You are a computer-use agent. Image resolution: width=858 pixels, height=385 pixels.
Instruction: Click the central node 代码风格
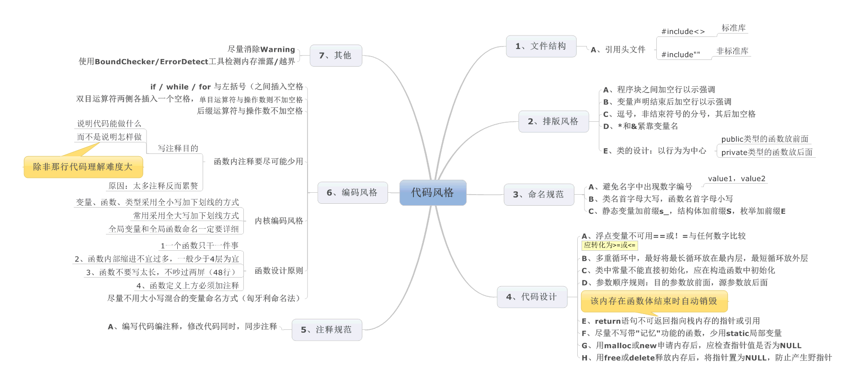pyautogui.click(x=433, y=193)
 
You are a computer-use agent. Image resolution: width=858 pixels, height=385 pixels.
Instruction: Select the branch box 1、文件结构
pyautogui.click(x=541, y=47)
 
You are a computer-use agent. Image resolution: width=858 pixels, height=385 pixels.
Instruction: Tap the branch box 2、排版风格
pyautogui.click(x=553, y=122)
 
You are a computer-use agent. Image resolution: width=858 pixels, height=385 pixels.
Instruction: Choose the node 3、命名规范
pyautogui.click(x=538, y=195)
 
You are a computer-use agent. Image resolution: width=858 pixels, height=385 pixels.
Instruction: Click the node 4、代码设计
pyautogui.click(x=532, y=297)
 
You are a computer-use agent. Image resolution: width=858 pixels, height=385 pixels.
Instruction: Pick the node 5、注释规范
pyautogui.click(x=327, y=330)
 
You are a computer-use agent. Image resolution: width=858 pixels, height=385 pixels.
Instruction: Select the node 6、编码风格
pyautogui.click(x=352, y=193)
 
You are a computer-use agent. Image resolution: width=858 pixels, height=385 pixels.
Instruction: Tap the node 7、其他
pyautogui.click(x=335, y=56)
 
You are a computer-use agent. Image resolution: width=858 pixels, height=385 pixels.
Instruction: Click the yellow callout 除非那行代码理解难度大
pyautogui.click(x=83, y=167)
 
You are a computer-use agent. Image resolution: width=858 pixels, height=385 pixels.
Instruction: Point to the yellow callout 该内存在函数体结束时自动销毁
pyautogui.click(x=654, y=301)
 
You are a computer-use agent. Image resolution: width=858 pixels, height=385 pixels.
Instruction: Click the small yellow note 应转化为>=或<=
pyautogui.click(x=609, y=245)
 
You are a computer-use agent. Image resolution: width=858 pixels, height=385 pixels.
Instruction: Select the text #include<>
pyautogui.click(x=683, y=32)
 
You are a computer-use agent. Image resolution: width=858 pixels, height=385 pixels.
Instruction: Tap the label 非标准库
pyautogui.click(x=732, y=51)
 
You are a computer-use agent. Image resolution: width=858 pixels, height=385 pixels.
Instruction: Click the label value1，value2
pyautogui.click(x=736, y=179)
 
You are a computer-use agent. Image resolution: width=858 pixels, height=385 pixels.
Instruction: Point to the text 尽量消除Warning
pyautogui.click(x=261, y=49)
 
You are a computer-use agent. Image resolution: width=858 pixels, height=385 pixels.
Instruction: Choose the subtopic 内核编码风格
pyautogui.click(x=279, y=221)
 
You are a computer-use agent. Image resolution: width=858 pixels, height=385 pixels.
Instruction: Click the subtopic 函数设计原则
pyautogui.click(x=279, y=271)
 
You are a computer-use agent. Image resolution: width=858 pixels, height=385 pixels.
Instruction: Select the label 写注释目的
pyautogui.click(x=178, y=149)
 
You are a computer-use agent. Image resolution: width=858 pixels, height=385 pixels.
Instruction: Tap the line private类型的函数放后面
pyautogui.click(x=766, y=152)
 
